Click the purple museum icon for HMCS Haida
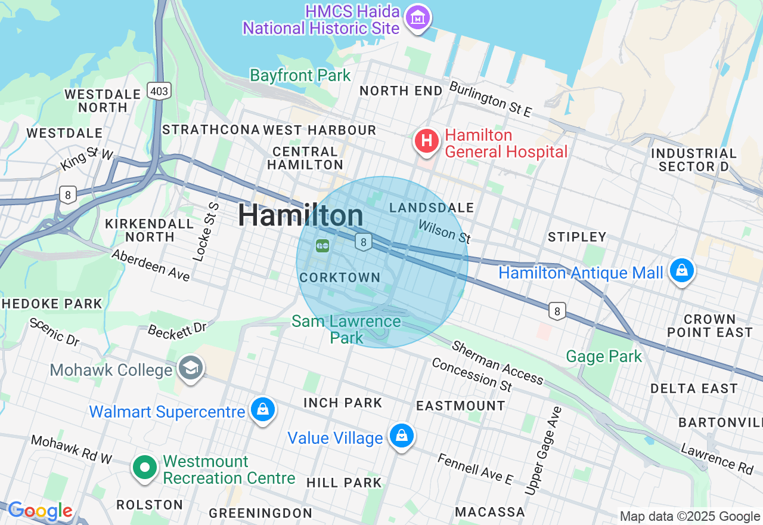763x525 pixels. pyautogui.click(x=418, y=18)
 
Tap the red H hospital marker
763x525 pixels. pyautogui.click(x=427, y=141)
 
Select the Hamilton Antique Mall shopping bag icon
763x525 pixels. pyautogui.click(x=681, y=270)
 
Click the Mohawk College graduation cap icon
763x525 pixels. pyautogui.click(x=190, y=367)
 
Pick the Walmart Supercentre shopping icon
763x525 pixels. pyautogui.click(x=262, y=410)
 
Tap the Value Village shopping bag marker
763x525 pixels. pyautogui.click(x=402, y=436)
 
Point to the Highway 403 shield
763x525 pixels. pyautogui.click(x=159, y=91)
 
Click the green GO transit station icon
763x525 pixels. pyautogui.click(x=322, y=245)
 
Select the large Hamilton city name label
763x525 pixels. pyautogui.click(x=301, y=215)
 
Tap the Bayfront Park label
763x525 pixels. pyautogui.click(x=300, y=76)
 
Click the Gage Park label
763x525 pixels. pyautogui.click(x=604, y=357)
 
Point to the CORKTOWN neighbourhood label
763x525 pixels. pyautogui.click(x=340, y=277)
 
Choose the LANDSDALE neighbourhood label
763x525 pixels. pyautogui.click(x=432, y=208)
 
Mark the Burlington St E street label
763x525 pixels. pyautogui.click(x=490, y=100)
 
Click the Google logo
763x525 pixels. pyautogui.click(x=40, y=511)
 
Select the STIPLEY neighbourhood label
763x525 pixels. pyautogui.click(x=576, y=237)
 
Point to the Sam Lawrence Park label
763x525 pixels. pyautogui.click(x=346, y=329)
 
